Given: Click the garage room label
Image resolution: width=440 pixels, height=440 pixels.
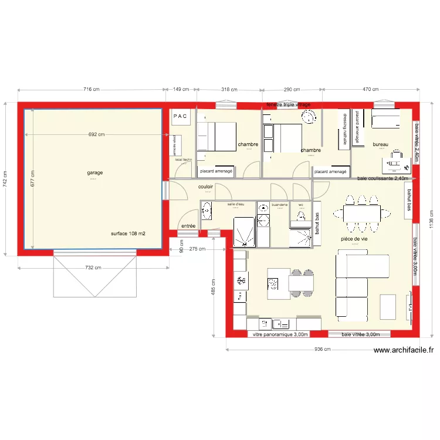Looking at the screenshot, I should pyautogui.click(x=95, y=173).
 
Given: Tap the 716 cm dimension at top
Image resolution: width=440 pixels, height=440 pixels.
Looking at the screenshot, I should pyautogui.click(x=91, y=90).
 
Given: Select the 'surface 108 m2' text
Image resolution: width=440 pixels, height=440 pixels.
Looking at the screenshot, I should pyautogui.click(x=128, y=233).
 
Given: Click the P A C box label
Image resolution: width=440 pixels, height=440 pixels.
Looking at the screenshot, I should pyautogui.click(x=180, y=116).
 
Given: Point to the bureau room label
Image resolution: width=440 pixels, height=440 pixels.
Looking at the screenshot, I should pyautogui.click(x=381, y=144).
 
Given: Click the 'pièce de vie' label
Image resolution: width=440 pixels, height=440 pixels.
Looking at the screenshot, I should pyautogui.click(x=354, y=239).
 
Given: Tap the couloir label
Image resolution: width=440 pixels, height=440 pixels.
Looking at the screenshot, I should pyautogui.click(x=205, y=187).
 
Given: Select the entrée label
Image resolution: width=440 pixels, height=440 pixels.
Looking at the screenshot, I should pyautogui.click(x=188, y=226).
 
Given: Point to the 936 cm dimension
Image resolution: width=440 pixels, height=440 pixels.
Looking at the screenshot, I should pyautogui.click(x=323, y=350).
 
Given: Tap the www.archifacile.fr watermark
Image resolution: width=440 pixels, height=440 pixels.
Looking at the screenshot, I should pyautogui.click(x=404, y=351).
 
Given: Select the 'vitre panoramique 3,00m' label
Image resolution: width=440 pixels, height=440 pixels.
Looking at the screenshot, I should pyautogui.click(x=280, y=334).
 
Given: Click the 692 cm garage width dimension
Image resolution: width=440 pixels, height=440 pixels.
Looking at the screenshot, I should pyautogui.click(x=97, y=134).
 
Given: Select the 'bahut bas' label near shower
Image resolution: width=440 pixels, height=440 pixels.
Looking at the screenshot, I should pyautogui.click(x=317, y=224).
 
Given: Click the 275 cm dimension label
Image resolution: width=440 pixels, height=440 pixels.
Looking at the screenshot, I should pyautogui.click(x=198, y=249).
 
